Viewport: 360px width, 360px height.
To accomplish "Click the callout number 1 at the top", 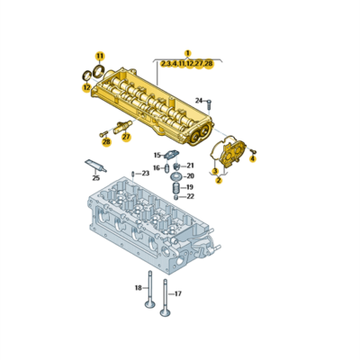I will coord(188,53).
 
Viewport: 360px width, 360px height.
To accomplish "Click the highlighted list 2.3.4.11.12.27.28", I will coord(187,64).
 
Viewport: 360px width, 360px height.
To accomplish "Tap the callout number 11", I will coord(100,56).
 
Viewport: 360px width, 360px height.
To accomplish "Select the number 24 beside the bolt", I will coord(199,100).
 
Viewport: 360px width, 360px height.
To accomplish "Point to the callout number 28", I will coord(106,141).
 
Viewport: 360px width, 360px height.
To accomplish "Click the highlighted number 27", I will coord(126,137).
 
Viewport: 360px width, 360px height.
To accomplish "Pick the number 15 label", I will coord(157,155).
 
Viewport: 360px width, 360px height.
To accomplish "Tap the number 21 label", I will coord(190,166).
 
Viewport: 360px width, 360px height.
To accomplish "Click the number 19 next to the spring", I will coord(189,186).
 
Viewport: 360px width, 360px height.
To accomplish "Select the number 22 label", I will coord(189,196).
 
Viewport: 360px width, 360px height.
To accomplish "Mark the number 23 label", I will coord(146,173).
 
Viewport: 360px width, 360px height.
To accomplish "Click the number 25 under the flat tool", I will coord(95,178).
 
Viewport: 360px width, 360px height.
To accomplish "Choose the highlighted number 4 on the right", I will coord(253,158).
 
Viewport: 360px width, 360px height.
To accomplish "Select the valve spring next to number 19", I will coord(175,187).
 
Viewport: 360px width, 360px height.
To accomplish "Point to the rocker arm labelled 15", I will coord(175,156).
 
